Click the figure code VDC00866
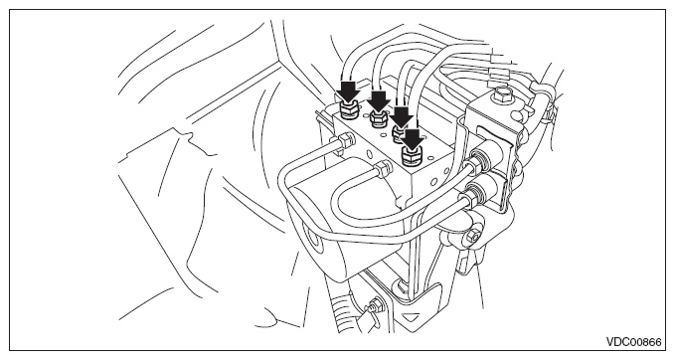(633, 342)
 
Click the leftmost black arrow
(348, 90)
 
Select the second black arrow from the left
(380, 100)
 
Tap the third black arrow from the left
(402, 116)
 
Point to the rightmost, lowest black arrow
(414, 139)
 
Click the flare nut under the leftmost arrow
(347, 110)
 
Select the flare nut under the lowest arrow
(413, 157)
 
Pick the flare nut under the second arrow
(377, 118)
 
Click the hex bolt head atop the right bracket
(502, 94)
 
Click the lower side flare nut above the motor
(383, 169)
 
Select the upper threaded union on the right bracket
(479, 159)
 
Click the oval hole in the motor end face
(314, 236)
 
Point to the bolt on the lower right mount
(472, 236)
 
